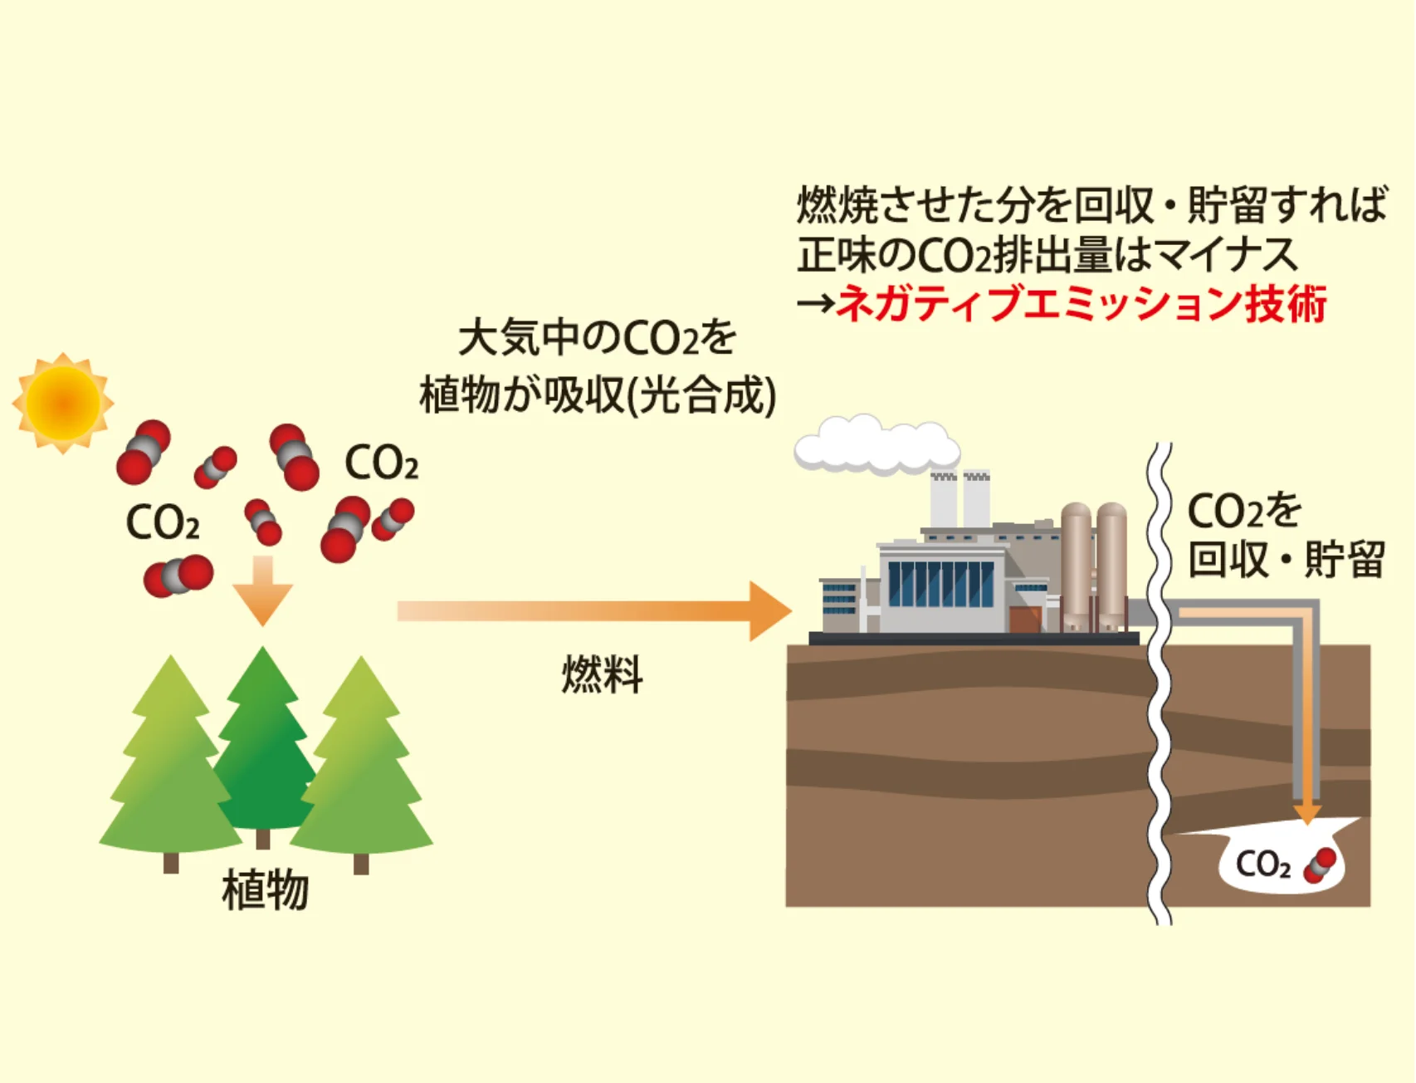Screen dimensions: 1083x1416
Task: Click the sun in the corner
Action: point(63,403)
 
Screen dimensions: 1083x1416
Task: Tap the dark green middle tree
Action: point(262,747)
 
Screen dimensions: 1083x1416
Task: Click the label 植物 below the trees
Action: point(265,890)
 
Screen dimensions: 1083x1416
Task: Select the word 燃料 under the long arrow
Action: point(602,674)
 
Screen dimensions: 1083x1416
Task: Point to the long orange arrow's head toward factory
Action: point(769,611)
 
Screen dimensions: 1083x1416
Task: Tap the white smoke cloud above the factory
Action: point(876,445)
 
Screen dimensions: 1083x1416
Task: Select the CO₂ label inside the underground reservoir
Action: point(1262,865)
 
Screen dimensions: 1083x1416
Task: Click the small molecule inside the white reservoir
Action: point(1319,865)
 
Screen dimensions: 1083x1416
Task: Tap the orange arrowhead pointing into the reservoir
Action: point(1307,811)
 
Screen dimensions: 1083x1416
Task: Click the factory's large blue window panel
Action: point(940,584)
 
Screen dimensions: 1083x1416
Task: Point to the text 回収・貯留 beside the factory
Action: point(1286,559)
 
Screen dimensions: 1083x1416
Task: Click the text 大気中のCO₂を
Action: point(597,338)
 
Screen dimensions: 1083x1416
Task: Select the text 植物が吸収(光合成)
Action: point(597,395)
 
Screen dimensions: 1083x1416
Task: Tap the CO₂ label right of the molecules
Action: point(381,463)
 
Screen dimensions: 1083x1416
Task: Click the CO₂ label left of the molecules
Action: point(162,523)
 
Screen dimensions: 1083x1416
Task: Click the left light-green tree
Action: point(170,764)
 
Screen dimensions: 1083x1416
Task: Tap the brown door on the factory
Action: point(1024,620)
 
